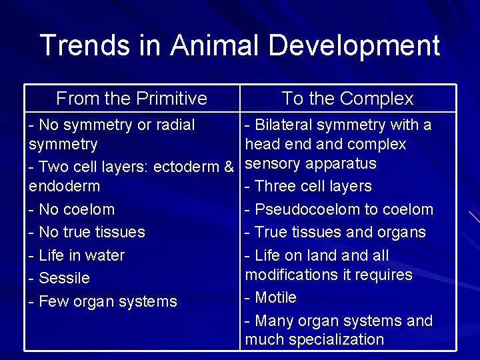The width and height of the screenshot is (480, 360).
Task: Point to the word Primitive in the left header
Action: click(172, 99)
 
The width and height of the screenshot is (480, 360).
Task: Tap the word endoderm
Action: click(64, 186)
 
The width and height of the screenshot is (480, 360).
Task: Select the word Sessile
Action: click(64, 278)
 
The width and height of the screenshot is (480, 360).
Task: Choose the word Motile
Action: click(275, 297)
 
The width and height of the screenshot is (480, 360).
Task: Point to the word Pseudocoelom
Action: click(307, 209)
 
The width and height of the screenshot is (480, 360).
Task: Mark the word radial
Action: click(172, 125)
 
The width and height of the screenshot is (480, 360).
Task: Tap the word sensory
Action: click(273, 164)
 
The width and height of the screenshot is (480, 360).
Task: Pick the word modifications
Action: click(291, 275)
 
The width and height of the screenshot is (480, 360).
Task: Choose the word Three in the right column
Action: click(275, 186)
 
